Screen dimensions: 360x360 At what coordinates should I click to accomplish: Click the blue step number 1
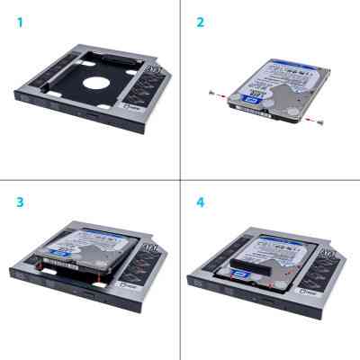[x=19, y=21]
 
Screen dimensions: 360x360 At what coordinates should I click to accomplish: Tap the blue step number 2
[x=201, y=21]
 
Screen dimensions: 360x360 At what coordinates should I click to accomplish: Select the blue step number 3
[x=19, y=201]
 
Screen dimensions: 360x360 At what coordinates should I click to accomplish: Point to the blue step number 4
[x=201, y=201]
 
